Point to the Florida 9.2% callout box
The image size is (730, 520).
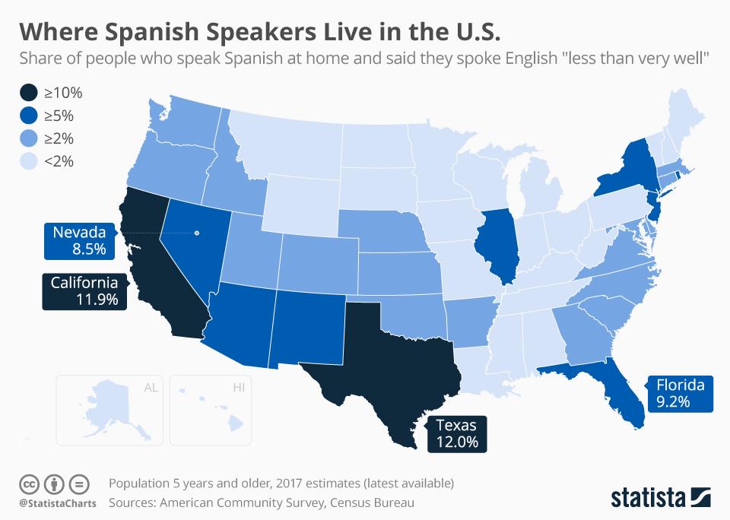tap(681, 392)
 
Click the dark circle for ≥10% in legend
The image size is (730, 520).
tap(29, 94)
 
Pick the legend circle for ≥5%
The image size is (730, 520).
tap(29, 116)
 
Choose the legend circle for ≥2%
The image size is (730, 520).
tap(29, 138)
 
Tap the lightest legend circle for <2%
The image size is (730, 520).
tap(29, 160)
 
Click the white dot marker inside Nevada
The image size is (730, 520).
tap(196, 233)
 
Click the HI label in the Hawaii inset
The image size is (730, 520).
tap(239, 388)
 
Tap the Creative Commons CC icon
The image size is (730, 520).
tap(30, 484)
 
